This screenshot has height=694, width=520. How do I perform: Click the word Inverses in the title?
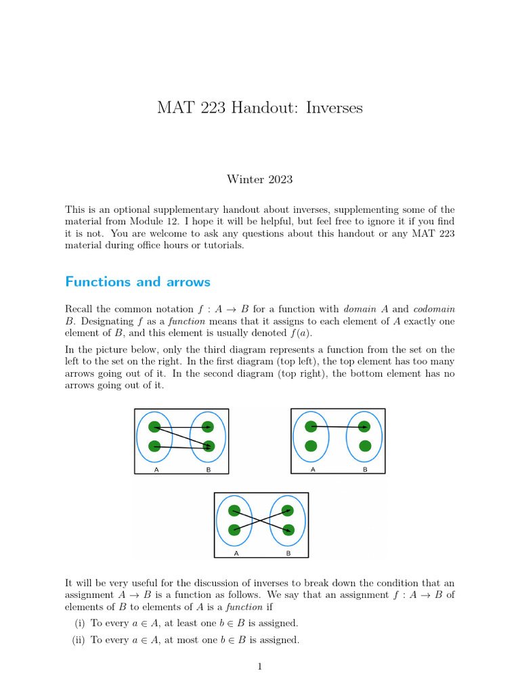pyautogui.click(x=334, y=108)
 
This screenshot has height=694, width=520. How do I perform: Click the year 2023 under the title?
pyautogui.click(x=280, y=180)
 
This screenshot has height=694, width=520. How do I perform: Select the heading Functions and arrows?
pyautogui.click(x=137, y=282)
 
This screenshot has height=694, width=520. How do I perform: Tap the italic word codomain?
pyautogui.click(x=434, y=309)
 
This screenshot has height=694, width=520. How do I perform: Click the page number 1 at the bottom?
pyautogui.click(x=259, y=667)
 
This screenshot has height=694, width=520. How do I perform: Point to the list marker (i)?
pyautogui.click(x=79, y=623)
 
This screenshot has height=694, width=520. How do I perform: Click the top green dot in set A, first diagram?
pyautogui.click(x=154, y=427)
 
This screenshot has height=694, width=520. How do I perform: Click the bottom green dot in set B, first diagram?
pyautogui.click(x=208, y=446)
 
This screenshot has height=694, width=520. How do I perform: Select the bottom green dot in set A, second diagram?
pyautogui.click(x=311, y=445)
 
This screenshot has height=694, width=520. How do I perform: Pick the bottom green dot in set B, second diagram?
pyautogui.click(x=365, y=445)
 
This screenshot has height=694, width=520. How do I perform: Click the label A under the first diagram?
pyautogui.click(x=157, y=468)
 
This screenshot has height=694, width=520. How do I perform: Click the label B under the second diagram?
pyautogui.click(x=365, y=468)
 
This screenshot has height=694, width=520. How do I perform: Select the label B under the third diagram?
pyautogui.click(x=288, y=553)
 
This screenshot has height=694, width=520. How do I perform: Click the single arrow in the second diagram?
pyautogui.click(x=338, y=427)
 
